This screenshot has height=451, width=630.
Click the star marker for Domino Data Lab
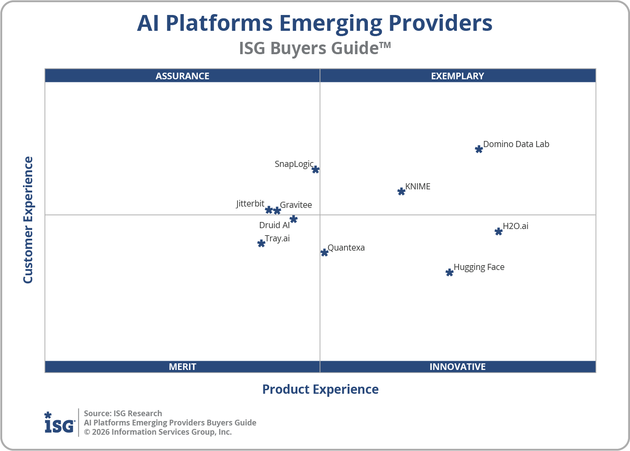[479, 149]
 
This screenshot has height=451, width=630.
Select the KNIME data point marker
[401, 191]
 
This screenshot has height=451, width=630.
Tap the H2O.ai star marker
[498, 231]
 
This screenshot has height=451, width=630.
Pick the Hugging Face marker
[449, 273]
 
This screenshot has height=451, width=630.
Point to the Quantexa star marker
[324, 252]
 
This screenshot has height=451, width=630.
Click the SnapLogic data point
[315, 170]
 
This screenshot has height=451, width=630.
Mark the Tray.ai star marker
[261, 243]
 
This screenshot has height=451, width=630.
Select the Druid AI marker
[293, 219]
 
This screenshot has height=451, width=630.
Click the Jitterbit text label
[250, 203]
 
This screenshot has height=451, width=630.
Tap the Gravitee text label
[296, 205]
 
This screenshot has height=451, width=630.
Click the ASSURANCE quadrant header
[182, 76]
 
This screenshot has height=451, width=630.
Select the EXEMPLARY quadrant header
[457, 76]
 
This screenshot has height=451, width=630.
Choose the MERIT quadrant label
[182, 366]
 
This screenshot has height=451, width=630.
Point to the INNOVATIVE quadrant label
[457, 366]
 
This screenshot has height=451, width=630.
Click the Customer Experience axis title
[28, 220]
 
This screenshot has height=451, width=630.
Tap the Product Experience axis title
[320, 389]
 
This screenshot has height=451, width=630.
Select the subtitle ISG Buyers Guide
[315, 48]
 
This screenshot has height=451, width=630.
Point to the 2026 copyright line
[158, 432]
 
